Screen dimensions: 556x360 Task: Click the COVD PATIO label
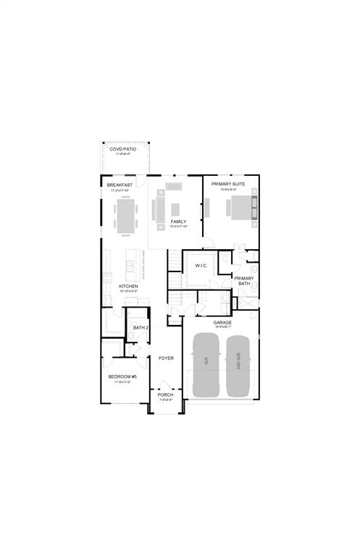122,149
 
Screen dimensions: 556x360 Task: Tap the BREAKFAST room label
120,185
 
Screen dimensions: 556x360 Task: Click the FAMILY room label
178,222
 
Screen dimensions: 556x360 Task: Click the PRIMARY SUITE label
227,184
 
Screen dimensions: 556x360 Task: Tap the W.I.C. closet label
201,266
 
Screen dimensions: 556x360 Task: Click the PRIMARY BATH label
243,281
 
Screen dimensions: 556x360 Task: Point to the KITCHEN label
128,286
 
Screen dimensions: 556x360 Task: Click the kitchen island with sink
131,267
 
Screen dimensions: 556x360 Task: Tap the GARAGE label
222,322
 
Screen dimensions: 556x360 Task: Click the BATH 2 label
141,327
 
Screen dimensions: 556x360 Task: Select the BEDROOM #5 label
120,377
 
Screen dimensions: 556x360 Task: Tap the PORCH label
165,395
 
